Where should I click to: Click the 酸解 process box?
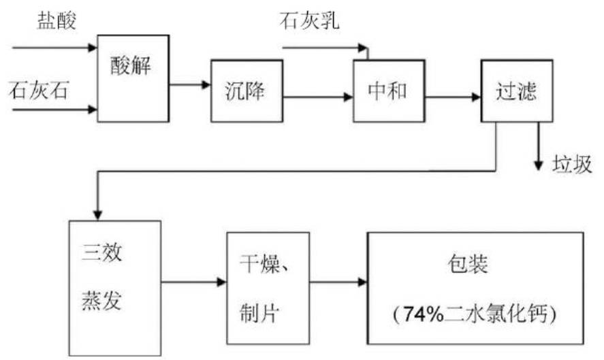click(x=133, y=78)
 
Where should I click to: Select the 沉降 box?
click(x=246, y=91)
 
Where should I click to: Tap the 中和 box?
click(x=387, y=91)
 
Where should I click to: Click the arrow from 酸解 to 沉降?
click(x=190, y=84)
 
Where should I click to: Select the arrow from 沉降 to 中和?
click(x=317, y=97)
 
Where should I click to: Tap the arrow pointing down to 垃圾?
click(x=538, y=146)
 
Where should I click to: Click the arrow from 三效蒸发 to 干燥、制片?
click(x=193, y=282)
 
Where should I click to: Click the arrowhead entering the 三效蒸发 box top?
click(x=99, y=213)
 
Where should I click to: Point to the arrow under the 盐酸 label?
click(x=54, y=48)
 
